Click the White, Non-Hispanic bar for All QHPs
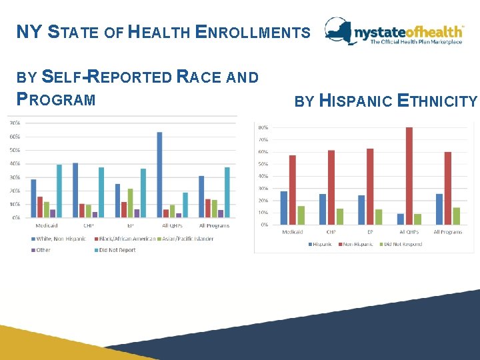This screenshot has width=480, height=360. tap(159, 175)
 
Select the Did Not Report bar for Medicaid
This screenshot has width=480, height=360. tap(59, 191)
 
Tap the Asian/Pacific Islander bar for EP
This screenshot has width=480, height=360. tap(130, 203)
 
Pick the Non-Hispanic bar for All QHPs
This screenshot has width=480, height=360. tap(409, 176)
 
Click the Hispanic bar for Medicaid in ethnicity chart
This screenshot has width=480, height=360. tap(283, 208)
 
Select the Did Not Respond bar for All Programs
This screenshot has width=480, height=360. tap(456, 216)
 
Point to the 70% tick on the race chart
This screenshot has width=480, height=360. tap(13, 123)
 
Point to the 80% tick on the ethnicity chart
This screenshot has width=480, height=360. tap(263, 127)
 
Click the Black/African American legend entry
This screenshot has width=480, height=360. tap(127, 238)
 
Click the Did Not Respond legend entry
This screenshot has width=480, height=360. tap(403, 244)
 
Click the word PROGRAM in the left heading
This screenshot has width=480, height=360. tap(56, 100)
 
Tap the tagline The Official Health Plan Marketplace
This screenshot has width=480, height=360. tap(416, 42)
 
